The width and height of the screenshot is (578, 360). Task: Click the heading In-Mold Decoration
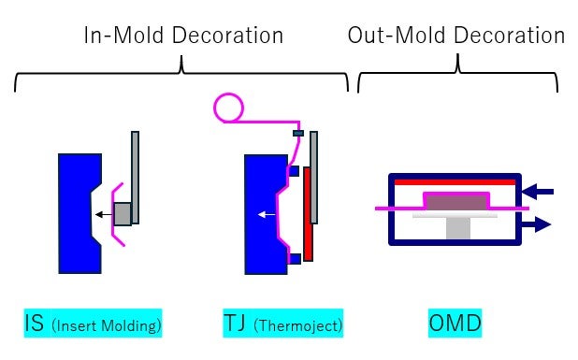[x=183, y=36]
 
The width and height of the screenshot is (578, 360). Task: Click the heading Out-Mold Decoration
[x=455, y=36]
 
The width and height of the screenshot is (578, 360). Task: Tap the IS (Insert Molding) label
[x=94, y=324]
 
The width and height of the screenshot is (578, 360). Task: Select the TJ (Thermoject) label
[x=283, y=324]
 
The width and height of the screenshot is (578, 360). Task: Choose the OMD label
[x=455, y=324]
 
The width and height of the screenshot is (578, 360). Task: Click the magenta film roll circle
[x=228, y=108]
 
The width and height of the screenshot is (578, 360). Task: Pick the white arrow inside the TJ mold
[x=268, y=214]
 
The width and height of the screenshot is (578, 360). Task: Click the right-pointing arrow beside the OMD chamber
[x=537, y=224]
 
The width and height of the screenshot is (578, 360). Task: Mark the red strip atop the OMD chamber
[x=455, y=181]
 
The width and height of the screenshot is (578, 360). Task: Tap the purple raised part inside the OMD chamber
[x=456, y=200]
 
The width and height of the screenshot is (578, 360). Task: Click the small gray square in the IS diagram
[x=123, y=214]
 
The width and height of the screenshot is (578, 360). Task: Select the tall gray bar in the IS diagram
[x=136, y=178]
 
